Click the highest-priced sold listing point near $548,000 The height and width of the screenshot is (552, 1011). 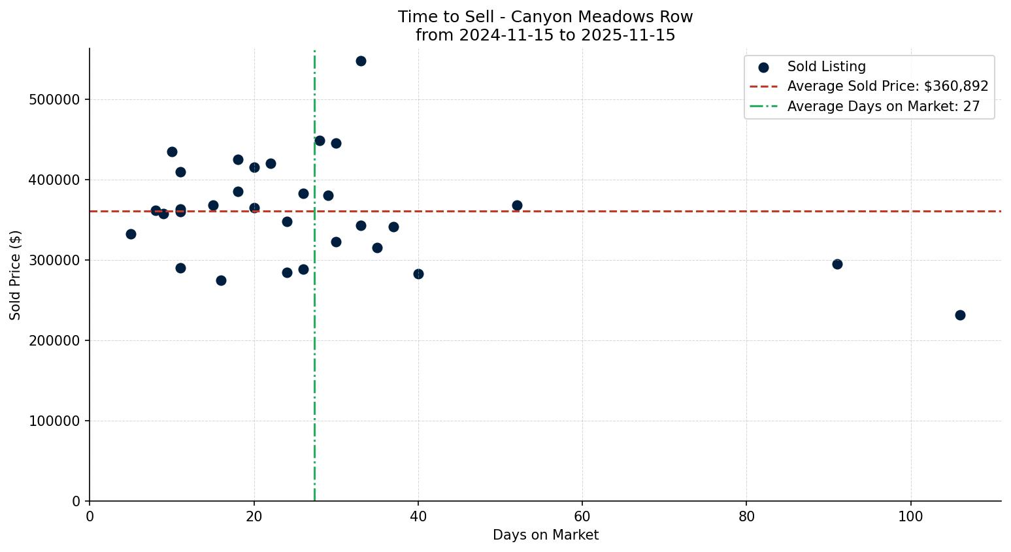click(x=361, y=61)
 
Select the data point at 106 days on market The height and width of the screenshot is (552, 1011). click(x=960, y=315)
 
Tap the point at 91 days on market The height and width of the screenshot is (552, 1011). click(x=837, y=264)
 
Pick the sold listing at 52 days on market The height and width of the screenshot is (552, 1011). click(x=517, y=205)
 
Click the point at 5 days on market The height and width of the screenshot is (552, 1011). click(x=131, y=234)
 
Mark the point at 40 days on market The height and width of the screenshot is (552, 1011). click(x=418, y=274)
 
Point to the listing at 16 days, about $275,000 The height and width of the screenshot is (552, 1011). click(x=221, y=280)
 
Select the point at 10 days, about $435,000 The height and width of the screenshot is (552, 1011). click(x=172, y=152)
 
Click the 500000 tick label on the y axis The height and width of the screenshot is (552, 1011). click(x=54, y=99)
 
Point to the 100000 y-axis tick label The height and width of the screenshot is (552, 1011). click(x=54, y=421)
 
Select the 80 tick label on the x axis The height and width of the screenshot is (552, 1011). click(x=746, y=517)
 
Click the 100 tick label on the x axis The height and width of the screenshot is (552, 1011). click(x=910, y=517)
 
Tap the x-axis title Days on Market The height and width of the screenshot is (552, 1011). click(x=545, y=535)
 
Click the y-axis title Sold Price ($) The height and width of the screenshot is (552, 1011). click(x=16, y=275)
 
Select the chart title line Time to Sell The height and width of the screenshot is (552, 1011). click(x=545, y=17)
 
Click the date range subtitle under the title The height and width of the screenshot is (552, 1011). click(x=545, y=35)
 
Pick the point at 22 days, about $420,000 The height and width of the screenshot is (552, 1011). click(x=271, y=163)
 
